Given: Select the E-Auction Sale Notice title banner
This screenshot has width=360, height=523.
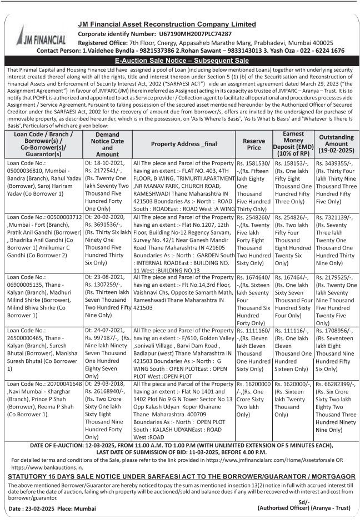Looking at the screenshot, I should [179, 59].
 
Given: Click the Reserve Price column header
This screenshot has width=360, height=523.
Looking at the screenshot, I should [254, 144].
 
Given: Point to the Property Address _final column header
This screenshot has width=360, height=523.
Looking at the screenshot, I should [183, 144].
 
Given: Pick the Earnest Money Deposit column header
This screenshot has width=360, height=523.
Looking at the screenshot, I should [293, 144].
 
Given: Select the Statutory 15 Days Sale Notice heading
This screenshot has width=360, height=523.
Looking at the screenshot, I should [179, 477].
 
